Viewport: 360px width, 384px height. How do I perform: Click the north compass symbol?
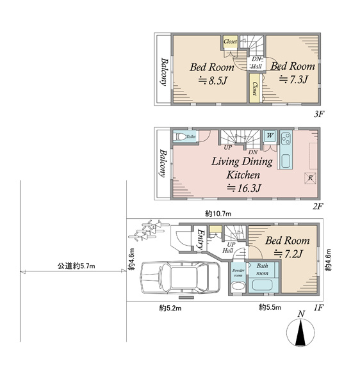(x=300, y=329)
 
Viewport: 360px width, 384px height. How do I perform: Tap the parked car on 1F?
(x=180, y=277)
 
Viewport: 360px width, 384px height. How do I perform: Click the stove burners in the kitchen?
(x=286, y=139)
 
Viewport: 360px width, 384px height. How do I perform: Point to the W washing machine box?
(x=270, y=136)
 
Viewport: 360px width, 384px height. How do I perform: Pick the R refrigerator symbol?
(x=310, y=178)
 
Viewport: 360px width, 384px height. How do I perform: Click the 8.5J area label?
(x=212, y=81)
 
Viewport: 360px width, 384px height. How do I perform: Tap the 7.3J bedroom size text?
(x=293, y=79)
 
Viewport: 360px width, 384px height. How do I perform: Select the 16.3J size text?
(x=243, y=188)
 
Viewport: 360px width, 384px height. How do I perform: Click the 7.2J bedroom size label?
(x=289, y=253)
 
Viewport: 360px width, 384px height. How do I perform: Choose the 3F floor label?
(x=319, y=114)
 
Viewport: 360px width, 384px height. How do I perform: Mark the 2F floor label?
(x=317, y=207)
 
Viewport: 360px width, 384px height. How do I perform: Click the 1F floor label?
(x=319, y=308)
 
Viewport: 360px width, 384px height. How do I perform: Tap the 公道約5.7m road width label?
(x=76, y=266)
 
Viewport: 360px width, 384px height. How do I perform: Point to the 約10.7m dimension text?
(x=218, y=214)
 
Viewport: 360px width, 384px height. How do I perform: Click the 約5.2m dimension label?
(x=170, y=308)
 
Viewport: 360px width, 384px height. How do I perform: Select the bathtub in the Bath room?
(x=263, y=285)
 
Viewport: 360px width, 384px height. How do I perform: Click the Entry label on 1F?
(x=201, y=239)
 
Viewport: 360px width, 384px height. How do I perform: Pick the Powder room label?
(x=238, y=273)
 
